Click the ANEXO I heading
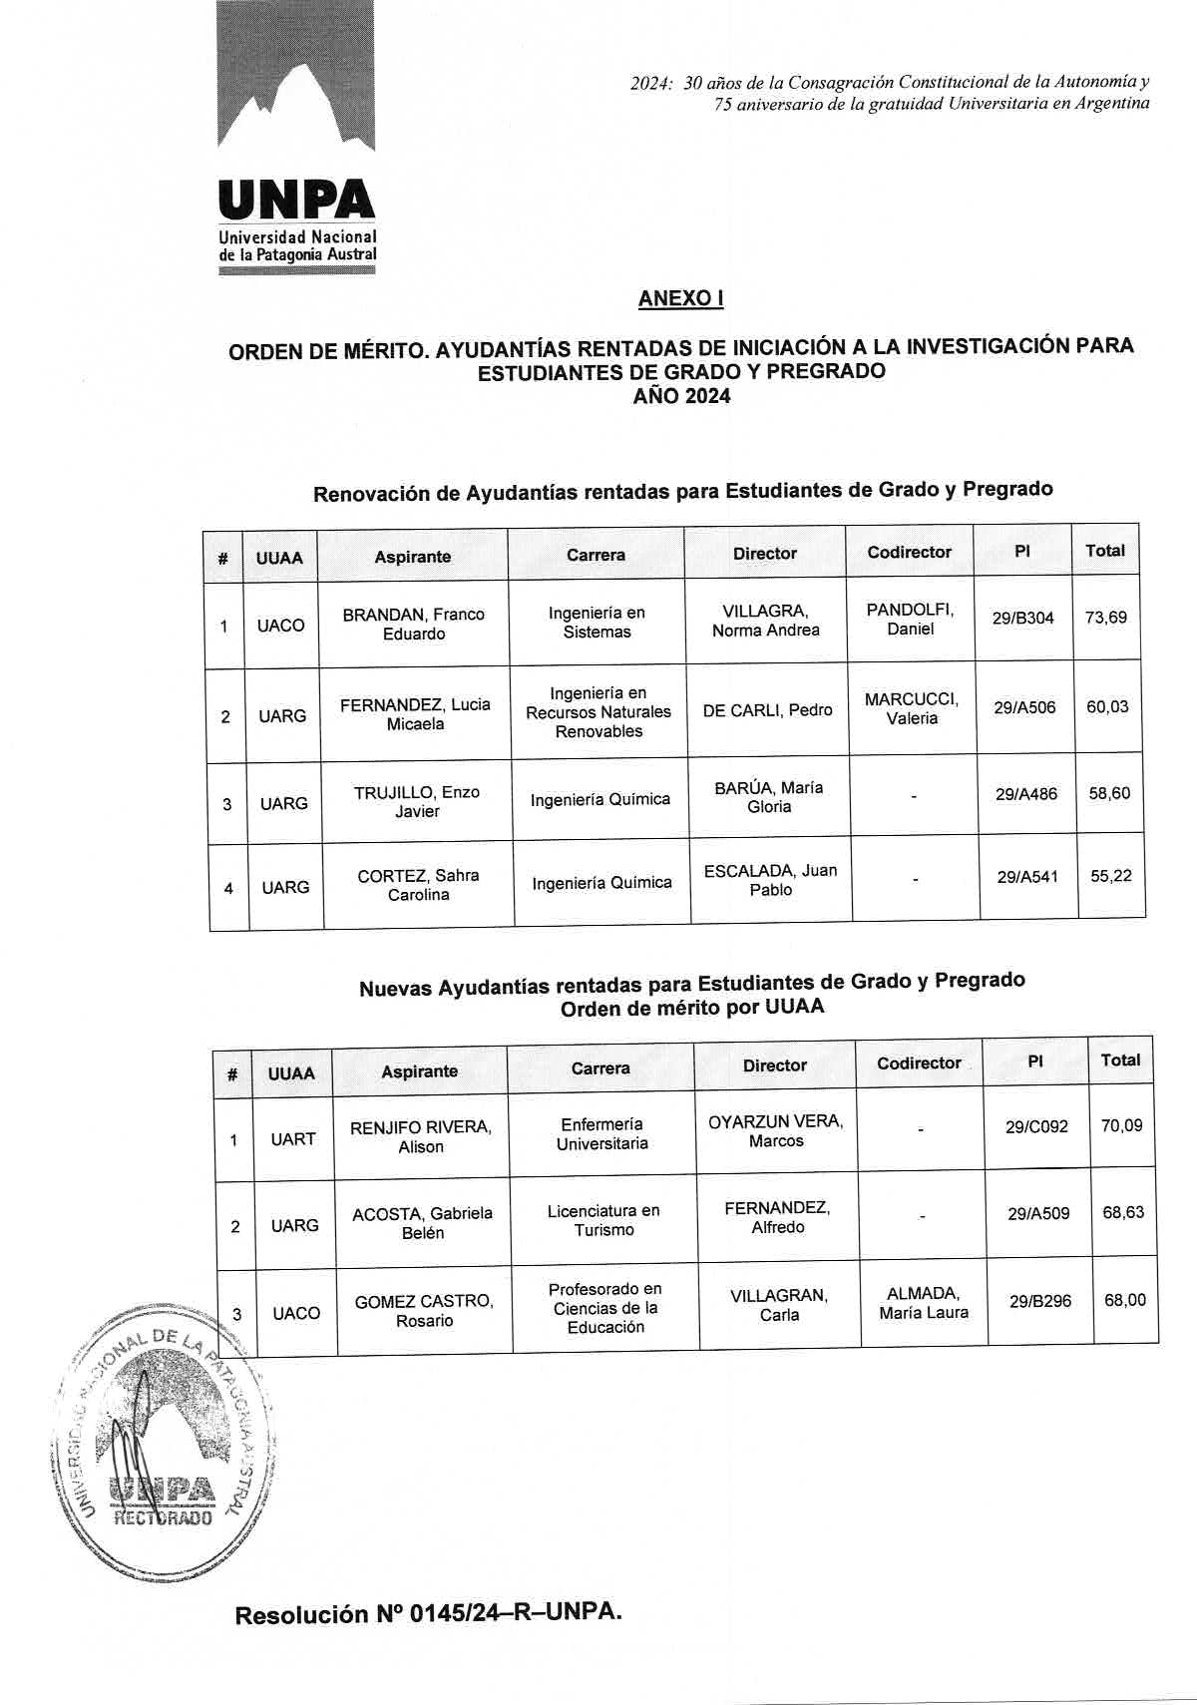tap(681, 298)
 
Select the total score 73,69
tap(1105, 618)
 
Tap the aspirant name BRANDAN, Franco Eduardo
tap(413, 625)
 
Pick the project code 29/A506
tap(1024, 708)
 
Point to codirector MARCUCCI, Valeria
tap(912, 708)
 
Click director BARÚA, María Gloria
tap(768, 797)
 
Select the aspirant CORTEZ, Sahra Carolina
tap(418, 885)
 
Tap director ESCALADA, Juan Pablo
tap(770, 880)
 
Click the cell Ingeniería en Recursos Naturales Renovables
tap(598, 712)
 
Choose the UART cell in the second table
tap(292, 1139)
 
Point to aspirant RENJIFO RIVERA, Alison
tap(420, 1137)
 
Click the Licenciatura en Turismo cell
tap(603, 1220)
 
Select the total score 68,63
tap(1122, 1213)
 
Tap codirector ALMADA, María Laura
tap(924, 1303)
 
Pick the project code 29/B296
tap(1040, 1302)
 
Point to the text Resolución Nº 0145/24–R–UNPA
tap(428, 1614)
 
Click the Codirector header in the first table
tap(909, 552)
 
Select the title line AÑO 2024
tap(681, 397)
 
